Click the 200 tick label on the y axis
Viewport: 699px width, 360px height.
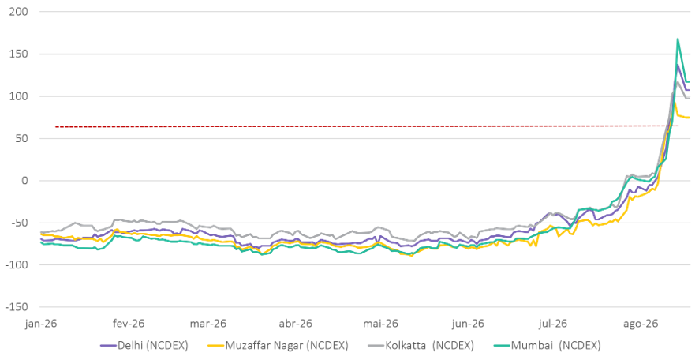pos(18,12)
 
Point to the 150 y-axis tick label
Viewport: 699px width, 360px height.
pos(18,54)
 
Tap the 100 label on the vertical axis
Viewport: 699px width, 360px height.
pos(18,96)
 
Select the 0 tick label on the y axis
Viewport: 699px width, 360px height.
pos(24,181)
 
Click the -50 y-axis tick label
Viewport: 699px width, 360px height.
pos(17,223)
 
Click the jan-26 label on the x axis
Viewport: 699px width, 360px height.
pos(40,324)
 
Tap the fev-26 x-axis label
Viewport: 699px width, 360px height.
pos(129,324)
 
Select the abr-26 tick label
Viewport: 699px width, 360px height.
pos(296,324)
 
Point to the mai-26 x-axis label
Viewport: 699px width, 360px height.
pos(380,324)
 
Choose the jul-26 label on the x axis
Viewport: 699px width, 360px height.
pos(553,324)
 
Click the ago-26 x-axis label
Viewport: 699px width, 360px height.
pos(641,324)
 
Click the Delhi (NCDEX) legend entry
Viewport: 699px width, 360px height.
pos(144,345)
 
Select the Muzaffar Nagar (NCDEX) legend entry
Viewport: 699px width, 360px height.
pos(278,345)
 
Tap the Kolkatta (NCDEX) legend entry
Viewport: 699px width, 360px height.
pos(421,345)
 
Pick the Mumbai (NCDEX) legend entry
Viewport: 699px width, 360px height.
pos(547,345)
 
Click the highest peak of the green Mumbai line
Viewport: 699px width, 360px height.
pos(678,39)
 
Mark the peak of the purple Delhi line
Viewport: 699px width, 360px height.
pos(678,65)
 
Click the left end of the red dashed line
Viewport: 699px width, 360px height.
pos(55,127)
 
